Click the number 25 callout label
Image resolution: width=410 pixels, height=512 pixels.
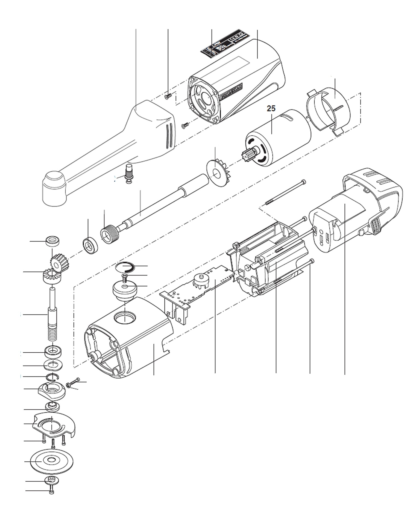point(271,108)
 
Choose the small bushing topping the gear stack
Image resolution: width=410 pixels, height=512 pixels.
point(52,241)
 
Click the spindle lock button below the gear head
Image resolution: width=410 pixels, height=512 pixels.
point(128,173)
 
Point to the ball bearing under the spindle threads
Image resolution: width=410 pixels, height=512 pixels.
point(53,351)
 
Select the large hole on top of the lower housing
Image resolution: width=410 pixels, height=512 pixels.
point(125,318)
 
